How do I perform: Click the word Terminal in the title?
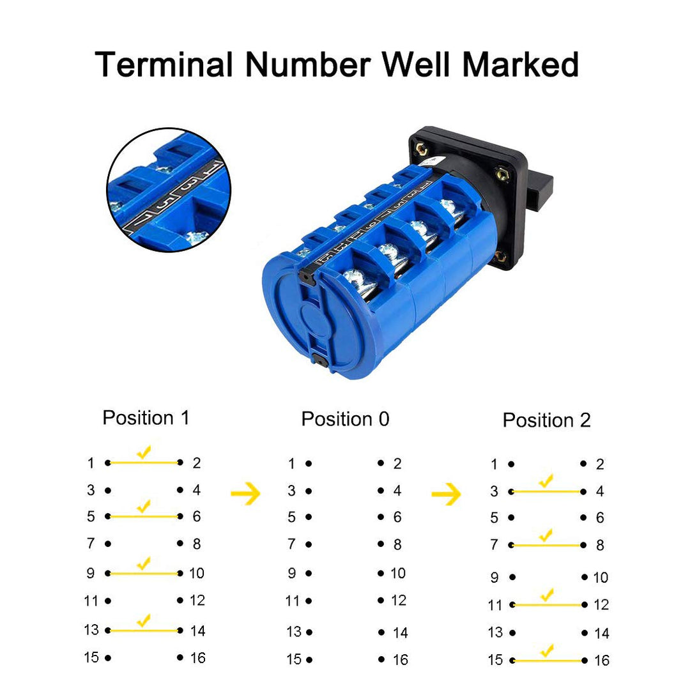[164, 65]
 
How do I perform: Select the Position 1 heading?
[146, 418]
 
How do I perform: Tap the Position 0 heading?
[346, 419]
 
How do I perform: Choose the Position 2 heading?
[546, 420]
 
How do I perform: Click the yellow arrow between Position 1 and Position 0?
[245, 494]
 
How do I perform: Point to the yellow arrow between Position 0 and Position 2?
[446, 494]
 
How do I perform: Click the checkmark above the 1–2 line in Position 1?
[144, 452]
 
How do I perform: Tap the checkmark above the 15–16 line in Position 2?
[547, 650]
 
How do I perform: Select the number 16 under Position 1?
[197, 658]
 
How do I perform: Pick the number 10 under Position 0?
[398, 573]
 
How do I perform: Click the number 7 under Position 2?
[494, 545]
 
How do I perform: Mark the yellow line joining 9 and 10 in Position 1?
[144, 573]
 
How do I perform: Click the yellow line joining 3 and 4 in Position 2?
[547, 491]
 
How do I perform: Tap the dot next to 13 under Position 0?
[309, 632]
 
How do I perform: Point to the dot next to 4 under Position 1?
[180, 490]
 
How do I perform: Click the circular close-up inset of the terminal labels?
[169, 190]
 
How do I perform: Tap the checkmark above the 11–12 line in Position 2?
[547, 595]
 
